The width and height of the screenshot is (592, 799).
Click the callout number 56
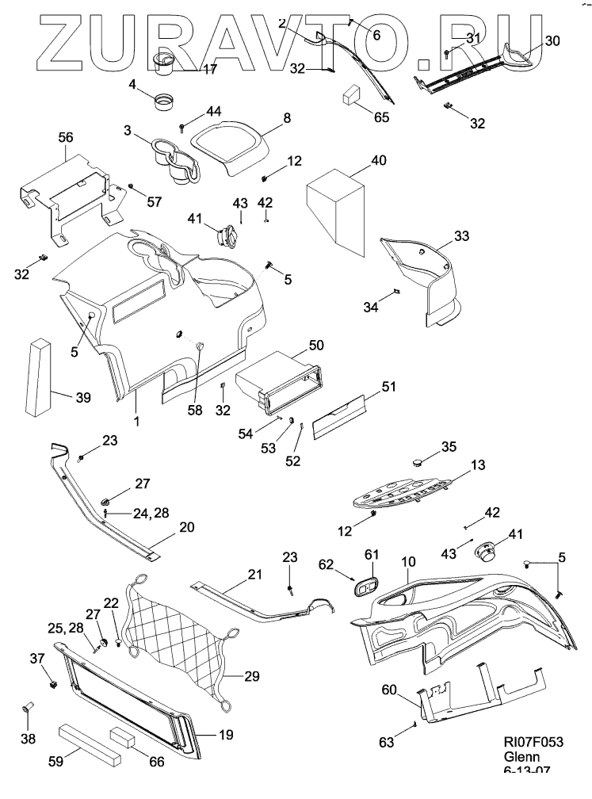(x=66, y=137)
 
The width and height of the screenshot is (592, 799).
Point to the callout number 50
(x=316, y=346)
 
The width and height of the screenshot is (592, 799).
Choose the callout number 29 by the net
(x=251, y=676)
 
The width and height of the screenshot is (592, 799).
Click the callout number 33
(x=462, y=235)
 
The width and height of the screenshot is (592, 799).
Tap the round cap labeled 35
(x=422, y=459)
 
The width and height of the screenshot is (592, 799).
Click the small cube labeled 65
(x=351, y=97)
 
